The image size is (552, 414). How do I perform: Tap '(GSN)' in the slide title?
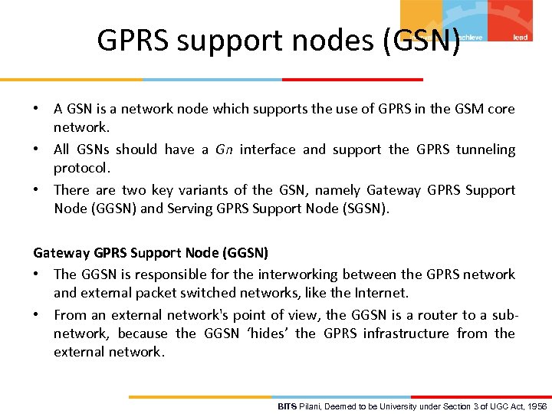pyautogui.click(x=422, y=40)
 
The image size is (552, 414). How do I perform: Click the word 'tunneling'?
pyautogui.click(x=485, y=149)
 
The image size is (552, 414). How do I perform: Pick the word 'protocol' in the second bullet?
pyautogui.click(x=81, y=168)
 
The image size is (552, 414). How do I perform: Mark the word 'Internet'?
pyautogui.click(x=383, y=293)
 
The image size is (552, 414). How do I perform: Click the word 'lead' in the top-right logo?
pyautogui.click(x=521, y=37)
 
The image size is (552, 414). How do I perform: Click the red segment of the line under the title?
pyautogui.click(x=353, y=79)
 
